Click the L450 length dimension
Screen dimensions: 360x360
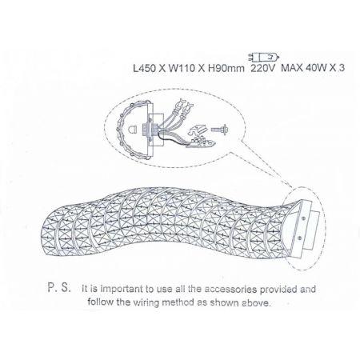[144, 68]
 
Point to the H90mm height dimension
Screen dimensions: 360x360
[226, 68]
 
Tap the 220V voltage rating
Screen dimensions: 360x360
[262, 68]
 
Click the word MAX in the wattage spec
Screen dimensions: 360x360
[292, 68]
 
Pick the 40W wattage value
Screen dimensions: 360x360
[316, 68]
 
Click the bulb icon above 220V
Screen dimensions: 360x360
[263, 57]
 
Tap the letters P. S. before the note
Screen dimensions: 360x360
[59, 288]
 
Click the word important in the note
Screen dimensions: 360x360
[122, 289]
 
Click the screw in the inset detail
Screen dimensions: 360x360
[219, 130]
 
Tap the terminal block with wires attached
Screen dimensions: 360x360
[202, 142]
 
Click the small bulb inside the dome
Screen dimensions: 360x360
[132, 130]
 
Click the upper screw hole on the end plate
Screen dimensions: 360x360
[304, 218]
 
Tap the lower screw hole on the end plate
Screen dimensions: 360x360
[300, 237]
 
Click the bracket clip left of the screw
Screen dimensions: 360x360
[198, 129]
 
